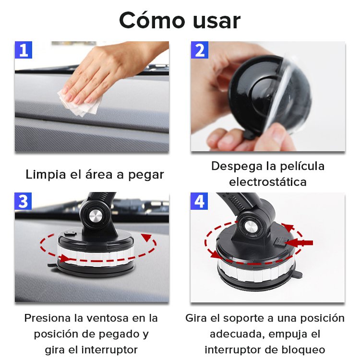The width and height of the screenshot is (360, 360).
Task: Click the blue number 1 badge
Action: coord(24,50)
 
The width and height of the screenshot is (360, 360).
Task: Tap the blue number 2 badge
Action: coord(200,50)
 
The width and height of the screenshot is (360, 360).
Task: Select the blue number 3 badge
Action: coord(23,201)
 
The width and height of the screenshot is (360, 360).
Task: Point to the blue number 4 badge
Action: coord(199,201)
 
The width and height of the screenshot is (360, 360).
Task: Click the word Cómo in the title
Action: coord(152,20)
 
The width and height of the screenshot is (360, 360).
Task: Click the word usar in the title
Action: coord(217,22)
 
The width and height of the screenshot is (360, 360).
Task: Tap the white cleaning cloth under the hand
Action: coord(80,103)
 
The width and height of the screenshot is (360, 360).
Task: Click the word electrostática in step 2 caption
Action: coord(268,182)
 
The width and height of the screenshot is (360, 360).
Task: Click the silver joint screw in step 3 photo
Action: coord(96,216)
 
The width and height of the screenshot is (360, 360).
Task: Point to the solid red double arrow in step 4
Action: coord(299,243)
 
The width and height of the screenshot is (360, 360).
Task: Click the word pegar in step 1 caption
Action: coord(146,175)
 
